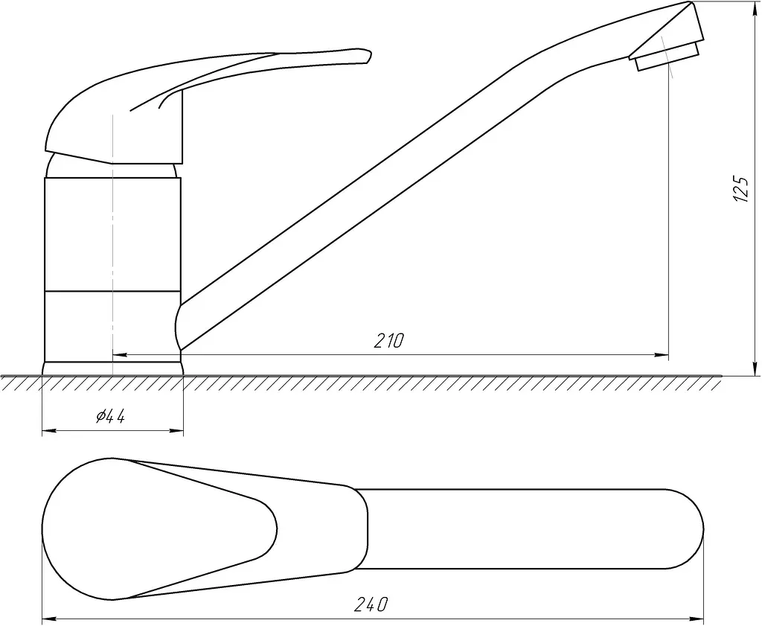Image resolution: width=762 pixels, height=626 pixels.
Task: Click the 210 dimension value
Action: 388,341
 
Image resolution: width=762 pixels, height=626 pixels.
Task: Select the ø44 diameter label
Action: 111,416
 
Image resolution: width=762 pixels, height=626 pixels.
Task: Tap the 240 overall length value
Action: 371,604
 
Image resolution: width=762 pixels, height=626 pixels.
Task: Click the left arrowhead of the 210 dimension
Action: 120,355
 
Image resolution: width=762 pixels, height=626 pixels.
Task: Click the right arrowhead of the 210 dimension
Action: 662,355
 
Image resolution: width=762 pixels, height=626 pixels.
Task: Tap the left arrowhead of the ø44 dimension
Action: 49,430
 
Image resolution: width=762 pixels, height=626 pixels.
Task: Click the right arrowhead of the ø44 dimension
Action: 176,430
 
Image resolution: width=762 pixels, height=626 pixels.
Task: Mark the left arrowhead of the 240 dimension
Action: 50,619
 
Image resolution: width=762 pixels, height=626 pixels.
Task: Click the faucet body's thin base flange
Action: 113,368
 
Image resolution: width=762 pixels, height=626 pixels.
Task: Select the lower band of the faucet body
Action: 112,326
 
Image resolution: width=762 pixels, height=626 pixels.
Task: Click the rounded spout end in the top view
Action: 690,528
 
